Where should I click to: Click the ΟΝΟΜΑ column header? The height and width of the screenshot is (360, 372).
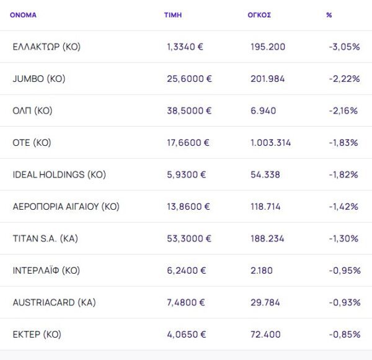click(24, 15)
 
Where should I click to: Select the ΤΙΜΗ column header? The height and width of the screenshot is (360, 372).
click(172, 15)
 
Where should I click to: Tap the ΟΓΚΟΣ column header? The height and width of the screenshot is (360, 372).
click(259, 15)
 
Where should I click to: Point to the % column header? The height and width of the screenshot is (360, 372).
click(329, 15)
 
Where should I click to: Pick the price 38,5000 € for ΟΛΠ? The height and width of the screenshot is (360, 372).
click(189, 110)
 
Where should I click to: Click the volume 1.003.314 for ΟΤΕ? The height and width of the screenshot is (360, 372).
click(271, 143)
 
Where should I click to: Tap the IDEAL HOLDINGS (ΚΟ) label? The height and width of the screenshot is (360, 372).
click(59, 174)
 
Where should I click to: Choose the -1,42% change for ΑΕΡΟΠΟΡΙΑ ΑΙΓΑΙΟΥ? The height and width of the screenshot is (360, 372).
click(344, 207)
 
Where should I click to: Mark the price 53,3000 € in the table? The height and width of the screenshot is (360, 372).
click(189, 238)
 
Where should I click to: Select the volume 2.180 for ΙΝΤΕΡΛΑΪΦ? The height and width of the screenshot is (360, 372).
click(263, 271)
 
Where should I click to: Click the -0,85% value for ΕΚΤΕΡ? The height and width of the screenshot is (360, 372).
click(344, 335)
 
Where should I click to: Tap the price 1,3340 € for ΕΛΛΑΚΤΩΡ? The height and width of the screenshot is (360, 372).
click(187, 47)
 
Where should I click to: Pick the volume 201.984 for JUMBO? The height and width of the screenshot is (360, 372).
click(267, 79)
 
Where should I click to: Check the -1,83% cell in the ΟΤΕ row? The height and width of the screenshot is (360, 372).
click(344, 143)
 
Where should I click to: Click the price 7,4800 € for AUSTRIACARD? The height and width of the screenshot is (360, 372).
click(187, 302)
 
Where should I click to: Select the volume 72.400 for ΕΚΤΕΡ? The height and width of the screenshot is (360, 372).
click(265, 335)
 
